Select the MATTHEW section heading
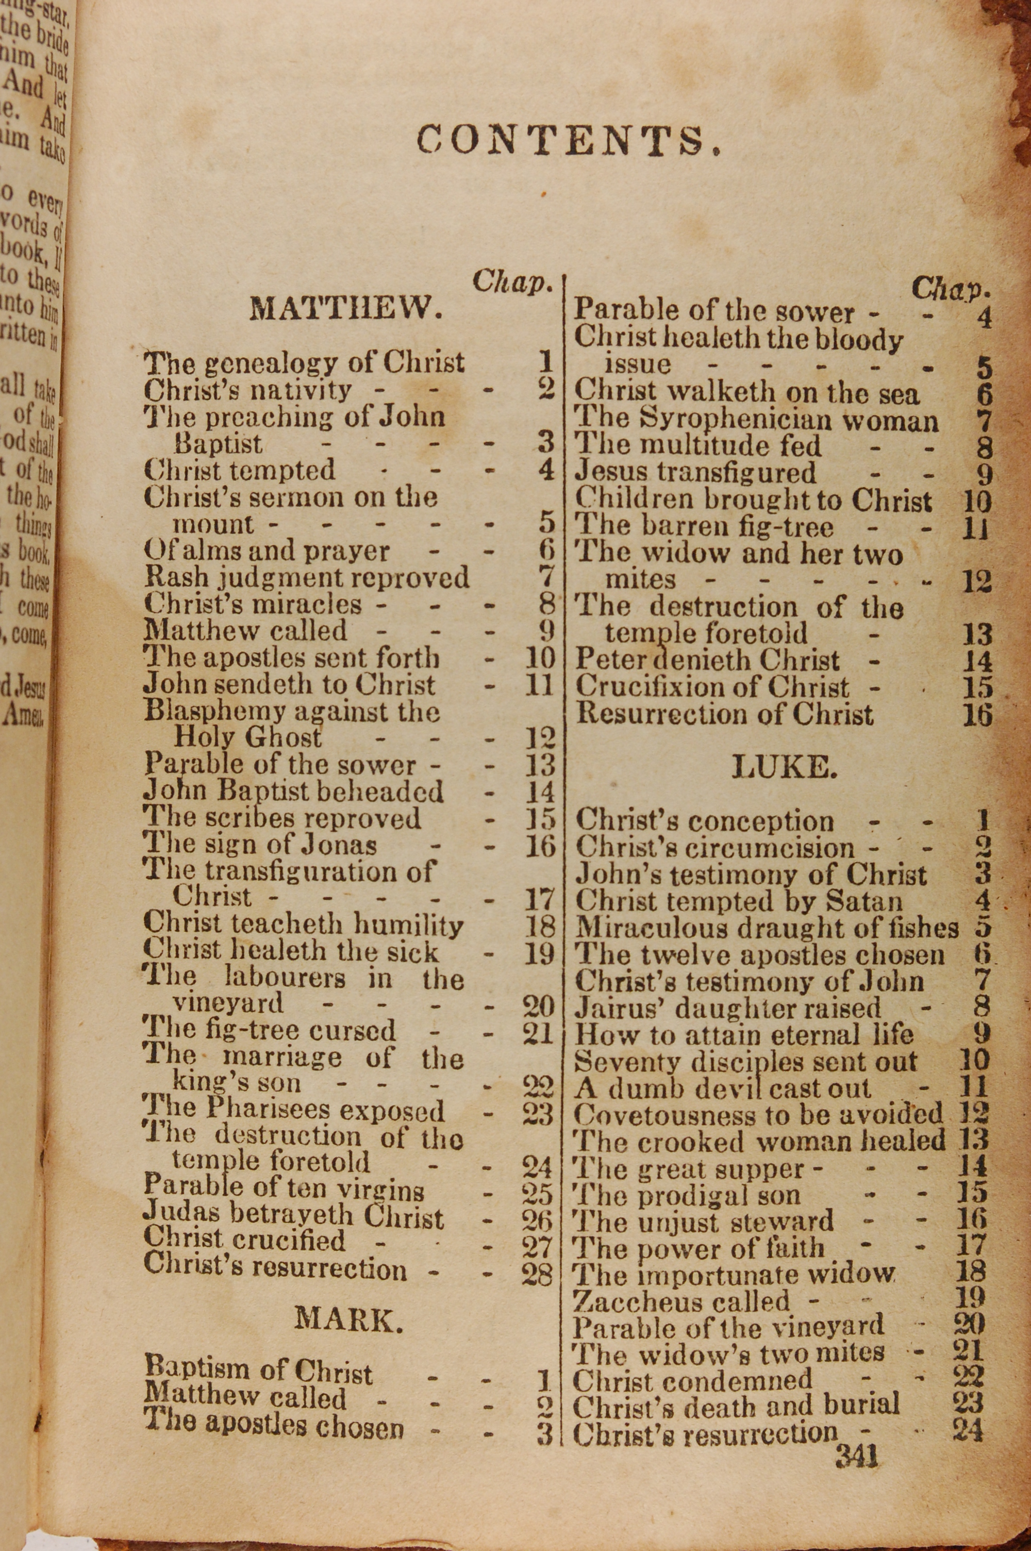(x=346, y=308)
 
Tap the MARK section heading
(x=348, y=1318)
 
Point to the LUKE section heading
(x=785, y=767)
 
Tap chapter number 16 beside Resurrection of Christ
(x=977, y=715)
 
